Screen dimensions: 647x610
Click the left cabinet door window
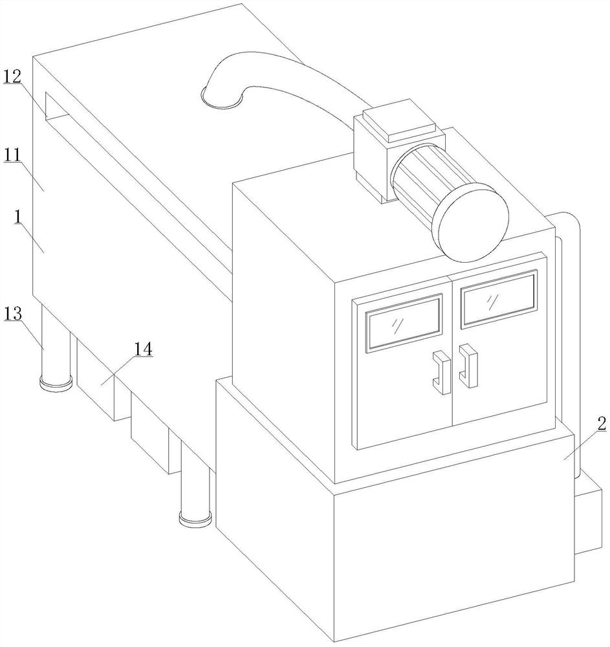[404, 323]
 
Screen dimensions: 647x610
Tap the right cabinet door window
[498, 298]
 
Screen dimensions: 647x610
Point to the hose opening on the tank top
[221, 98]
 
